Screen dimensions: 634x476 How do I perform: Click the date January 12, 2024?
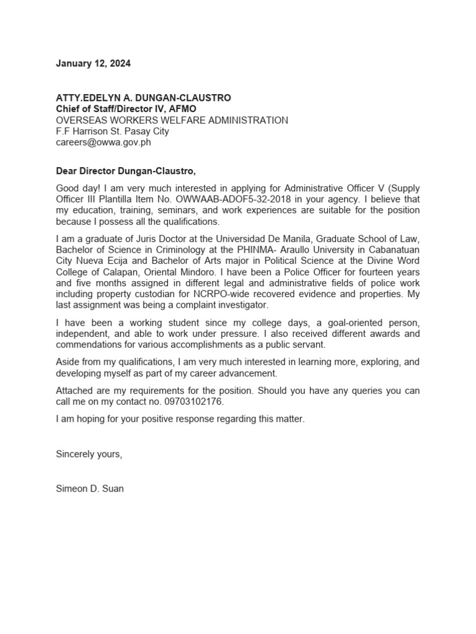(x=94, y=64)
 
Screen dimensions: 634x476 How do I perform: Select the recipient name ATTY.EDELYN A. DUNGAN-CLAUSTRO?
(x=143, y=98)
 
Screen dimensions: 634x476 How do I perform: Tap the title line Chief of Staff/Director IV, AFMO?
(x=126, y=109)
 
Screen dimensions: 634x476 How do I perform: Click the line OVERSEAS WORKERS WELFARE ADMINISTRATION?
(x=172, y=120)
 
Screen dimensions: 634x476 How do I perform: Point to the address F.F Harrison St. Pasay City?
(x=112, y=131)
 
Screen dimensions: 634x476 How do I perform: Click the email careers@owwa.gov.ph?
(x=104, y=142)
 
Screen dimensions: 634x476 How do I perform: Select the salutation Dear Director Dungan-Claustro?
(x=130, y=171)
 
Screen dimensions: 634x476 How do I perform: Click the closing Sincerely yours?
(x=89, y=454)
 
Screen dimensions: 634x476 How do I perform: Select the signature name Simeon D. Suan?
(x=89, y=489)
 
